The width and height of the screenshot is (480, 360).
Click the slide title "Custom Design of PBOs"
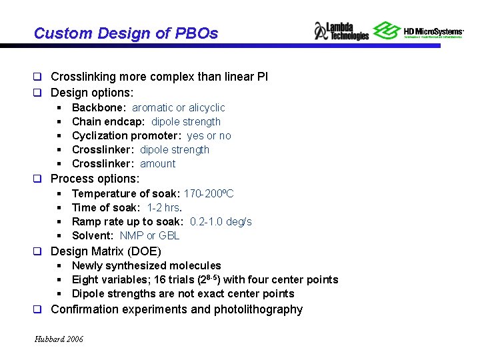125,33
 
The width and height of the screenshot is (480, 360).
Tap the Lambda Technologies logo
341,31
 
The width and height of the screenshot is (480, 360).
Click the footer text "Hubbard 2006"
59,339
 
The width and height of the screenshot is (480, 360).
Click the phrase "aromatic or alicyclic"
178,107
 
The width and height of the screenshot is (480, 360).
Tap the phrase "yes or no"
209,135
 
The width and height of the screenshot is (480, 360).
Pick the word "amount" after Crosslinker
158,163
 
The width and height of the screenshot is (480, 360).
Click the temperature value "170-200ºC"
209,193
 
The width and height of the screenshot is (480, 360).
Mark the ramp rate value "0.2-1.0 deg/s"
221,221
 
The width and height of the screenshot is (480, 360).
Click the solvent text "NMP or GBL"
149,235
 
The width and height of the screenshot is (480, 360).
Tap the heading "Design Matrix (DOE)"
105,251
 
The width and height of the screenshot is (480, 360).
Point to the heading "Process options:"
95,179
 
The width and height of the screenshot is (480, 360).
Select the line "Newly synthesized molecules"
146,265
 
